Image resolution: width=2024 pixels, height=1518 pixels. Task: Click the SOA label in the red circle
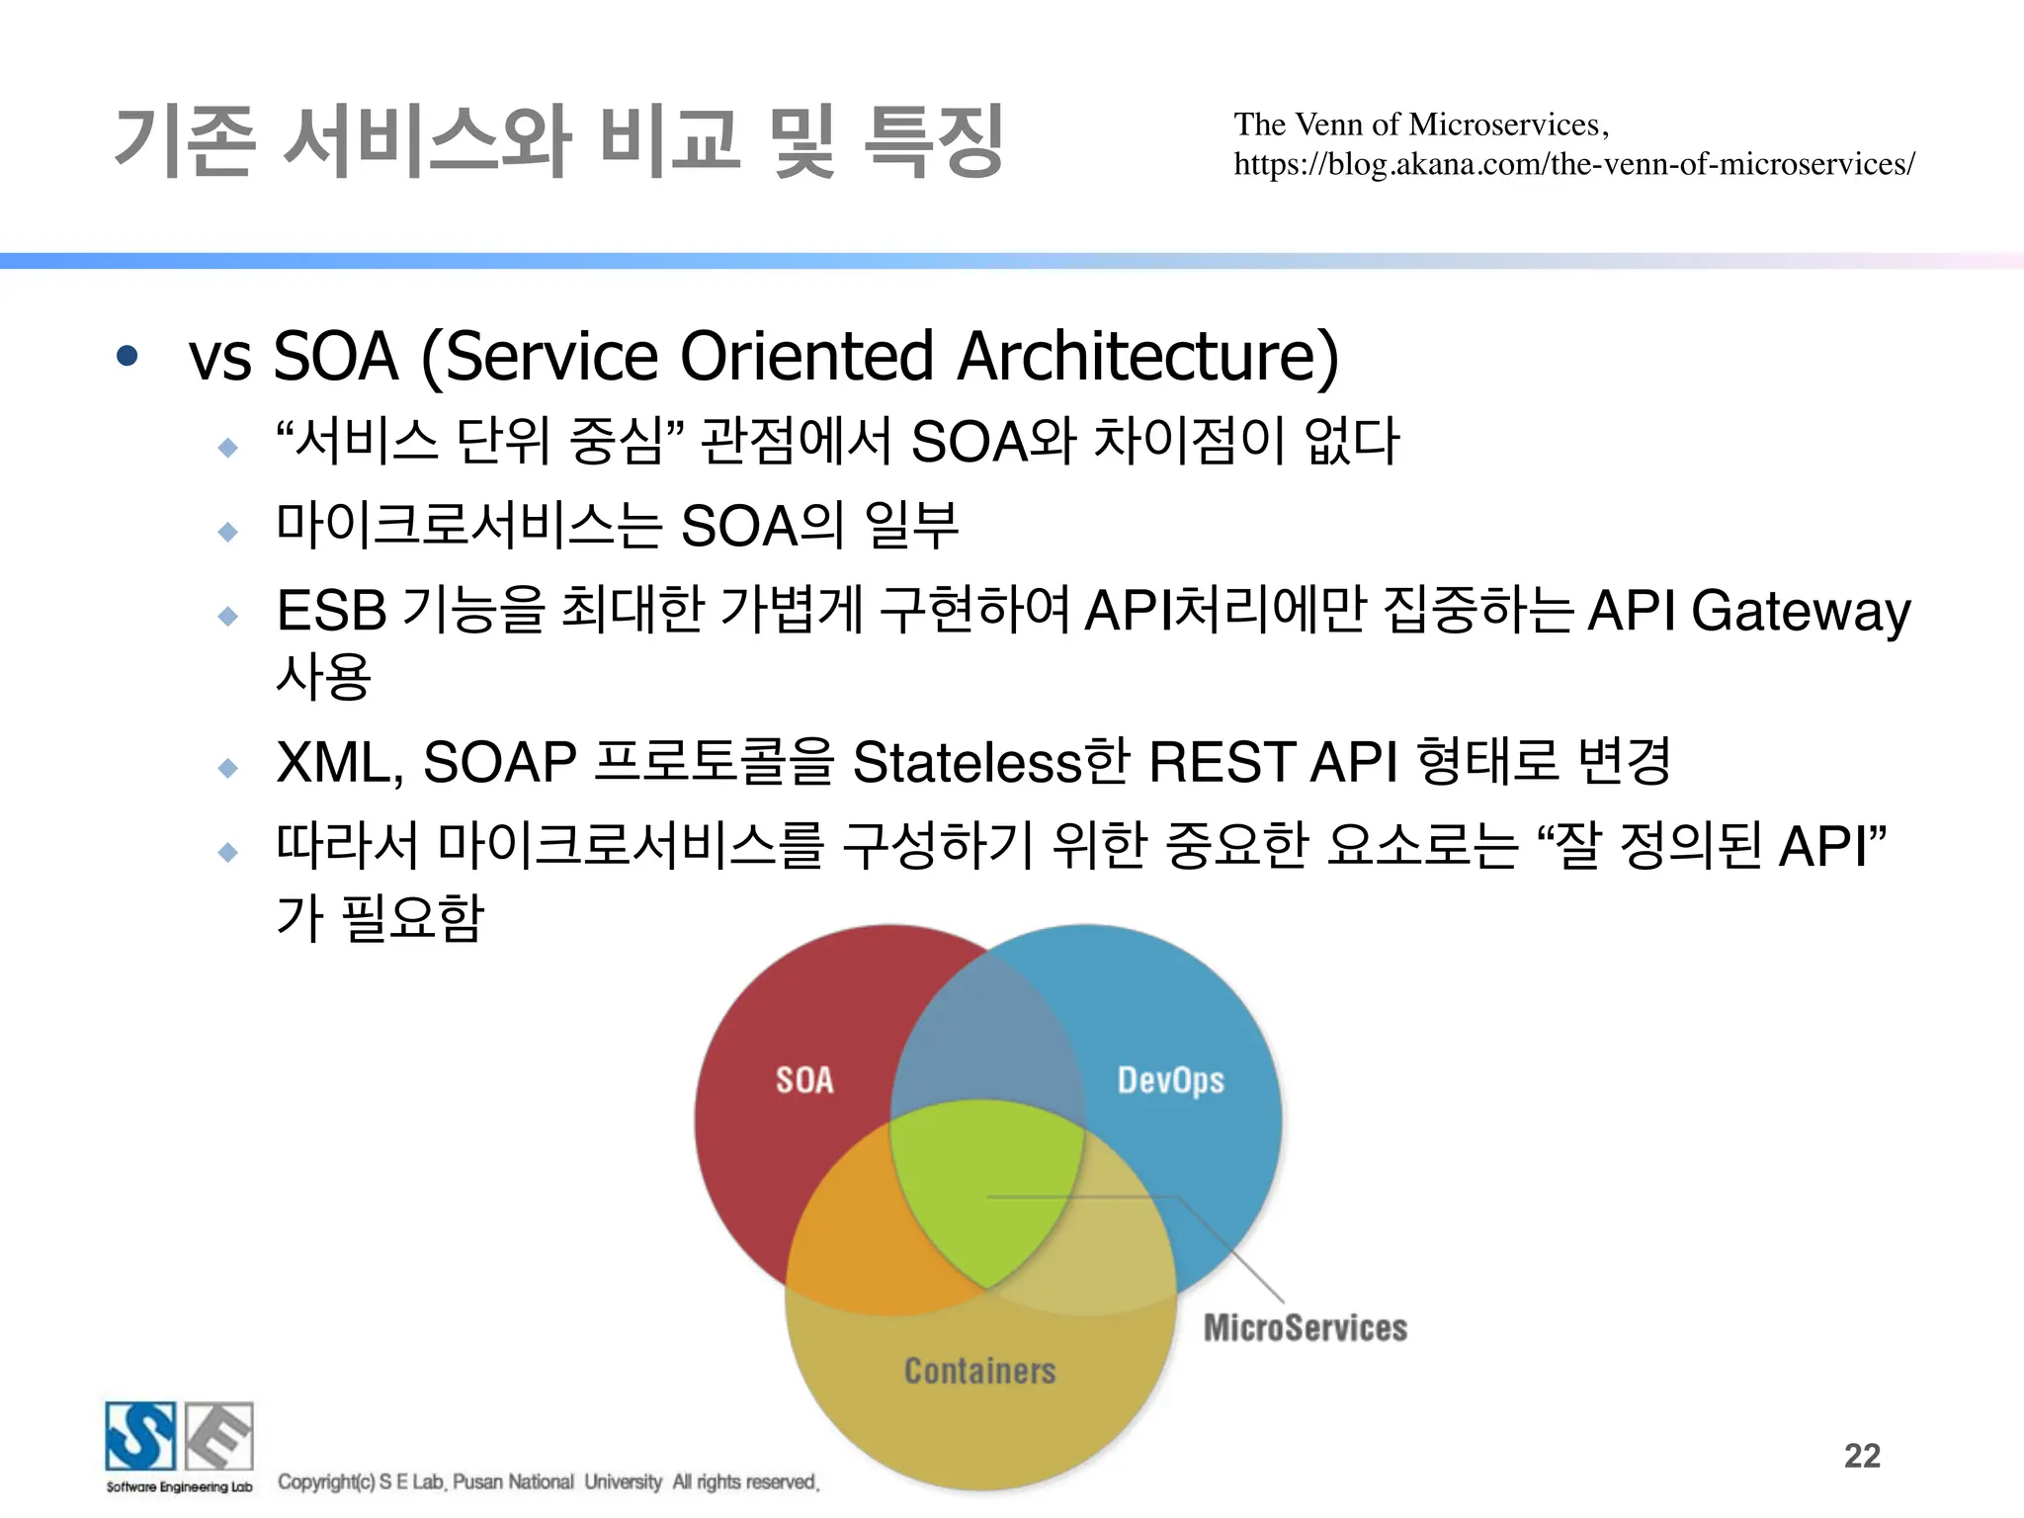(x=804, y=1080)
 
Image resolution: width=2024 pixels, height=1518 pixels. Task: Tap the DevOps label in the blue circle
(x=1170, y=1081)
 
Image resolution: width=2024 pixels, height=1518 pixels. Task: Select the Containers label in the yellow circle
(x=979, y=1371)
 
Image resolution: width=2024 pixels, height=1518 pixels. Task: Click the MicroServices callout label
(x=1305, y=1328)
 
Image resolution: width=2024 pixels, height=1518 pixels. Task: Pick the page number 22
(x=1862, y=1456)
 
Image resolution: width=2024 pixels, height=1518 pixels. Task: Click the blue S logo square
(x=140, y=1436)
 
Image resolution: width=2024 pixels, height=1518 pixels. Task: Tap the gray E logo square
(x=219, y=1436)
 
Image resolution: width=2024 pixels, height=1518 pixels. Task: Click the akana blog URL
(x=1573, y=164)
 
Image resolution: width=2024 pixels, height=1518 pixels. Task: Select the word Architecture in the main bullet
(x=1147, y=357)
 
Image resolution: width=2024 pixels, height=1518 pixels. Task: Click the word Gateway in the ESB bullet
(x=1801, y=612)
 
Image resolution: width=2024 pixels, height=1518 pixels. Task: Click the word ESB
(x=331, y=611)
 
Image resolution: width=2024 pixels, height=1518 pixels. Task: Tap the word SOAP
(x=499, y=763)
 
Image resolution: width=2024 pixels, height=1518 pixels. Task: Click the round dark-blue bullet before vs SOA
(x=126, y=356)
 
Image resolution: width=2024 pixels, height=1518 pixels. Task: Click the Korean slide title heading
(x=558, y=141)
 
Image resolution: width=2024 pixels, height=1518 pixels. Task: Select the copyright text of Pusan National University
(x=548, y=1482)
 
